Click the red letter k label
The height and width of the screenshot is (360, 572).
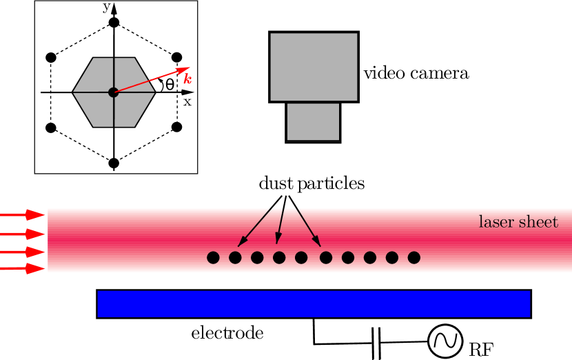(x=187, y=79)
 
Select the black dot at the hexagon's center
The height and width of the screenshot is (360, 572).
(x=113, y=92)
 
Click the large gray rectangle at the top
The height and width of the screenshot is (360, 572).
(x=314, y=66)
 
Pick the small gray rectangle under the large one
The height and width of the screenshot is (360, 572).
(x=313, y=121)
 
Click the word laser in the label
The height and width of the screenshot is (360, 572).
(x=496, y=222)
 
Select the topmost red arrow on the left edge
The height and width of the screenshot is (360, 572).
(x=23, y=215)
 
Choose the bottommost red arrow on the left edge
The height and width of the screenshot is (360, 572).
(x=23, y=268)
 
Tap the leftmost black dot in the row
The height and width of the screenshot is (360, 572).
(x=213, y=257)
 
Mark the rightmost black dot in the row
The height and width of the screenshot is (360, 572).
(x=413, y=257)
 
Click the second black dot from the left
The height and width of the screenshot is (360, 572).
(x=235, y=257)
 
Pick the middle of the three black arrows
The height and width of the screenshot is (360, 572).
(x=280, y=225)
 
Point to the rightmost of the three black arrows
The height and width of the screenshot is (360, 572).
(x=308, y=226)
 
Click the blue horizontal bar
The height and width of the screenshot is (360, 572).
(x=314, y=303)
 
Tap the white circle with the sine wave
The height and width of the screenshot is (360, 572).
(x=445, y=341)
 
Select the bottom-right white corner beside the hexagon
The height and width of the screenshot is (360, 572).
(x=150, y=121)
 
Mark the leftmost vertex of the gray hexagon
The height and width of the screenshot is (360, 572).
(x=73, y=92)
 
